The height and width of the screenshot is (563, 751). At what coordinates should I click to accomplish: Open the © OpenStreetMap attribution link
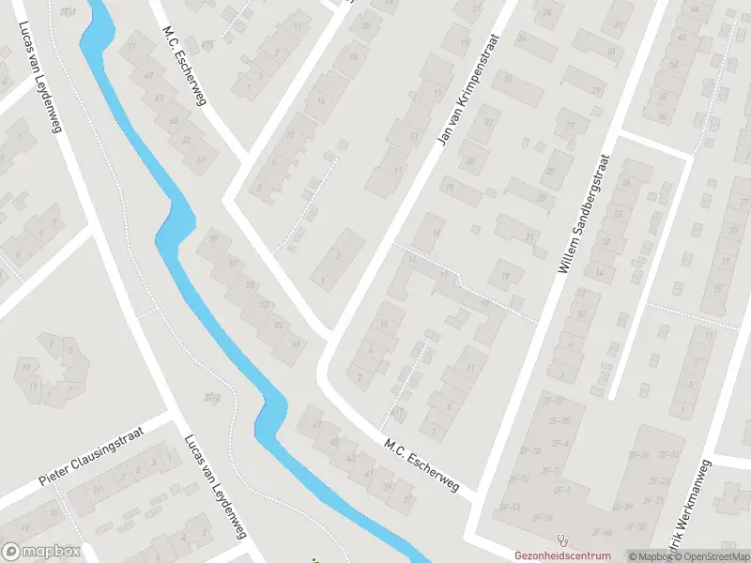coord(710,556)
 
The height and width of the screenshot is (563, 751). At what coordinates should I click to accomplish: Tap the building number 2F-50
coord(637,525)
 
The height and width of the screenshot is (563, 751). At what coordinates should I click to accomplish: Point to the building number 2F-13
coord(508,507)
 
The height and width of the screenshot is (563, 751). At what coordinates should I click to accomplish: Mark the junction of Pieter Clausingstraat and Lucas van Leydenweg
coord(171,414)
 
